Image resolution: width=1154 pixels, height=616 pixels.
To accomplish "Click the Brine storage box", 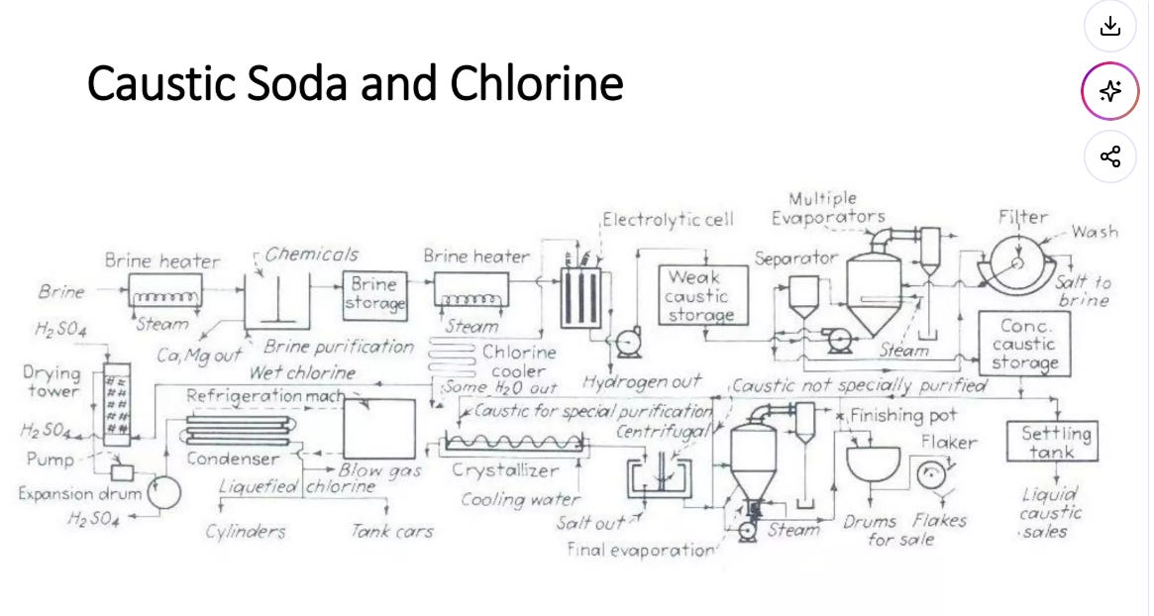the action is coord(374,295).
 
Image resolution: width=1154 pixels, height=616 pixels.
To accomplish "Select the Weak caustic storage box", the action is coord(703,295).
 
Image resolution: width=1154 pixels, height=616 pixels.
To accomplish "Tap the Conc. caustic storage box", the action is coord(1023,343).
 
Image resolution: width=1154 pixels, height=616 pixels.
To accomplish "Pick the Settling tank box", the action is coord(1052,441).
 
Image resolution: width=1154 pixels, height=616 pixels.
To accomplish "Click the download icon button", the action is coord(1109,27).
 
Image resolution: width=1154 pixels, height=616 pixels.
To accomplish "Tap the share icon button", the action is coord(1109,156).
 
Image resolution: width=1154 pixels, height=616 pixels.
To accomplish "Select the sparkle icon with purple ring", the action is coord(1109,91).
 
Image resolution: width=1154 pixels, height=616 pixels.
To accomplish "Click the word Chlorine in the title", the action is coord(537,82).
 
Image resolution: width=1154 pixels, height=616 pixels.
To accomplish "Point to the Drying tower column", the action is coord(117,404).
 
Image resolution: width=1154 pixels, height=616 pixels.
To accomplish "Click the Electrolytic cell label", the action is coord(668,219).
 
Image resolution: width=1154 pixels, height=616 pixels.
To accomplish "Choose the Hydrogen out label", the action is coord(641,382).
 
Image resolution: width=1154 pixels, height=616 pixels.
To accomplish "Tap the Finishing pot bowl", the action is coord(873,462).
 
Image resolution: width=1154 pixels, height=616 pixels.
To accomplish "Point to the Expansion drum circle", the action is coord(163,492).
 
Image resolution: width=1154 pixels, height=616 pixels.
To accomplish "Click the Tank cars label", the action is coord(391,531).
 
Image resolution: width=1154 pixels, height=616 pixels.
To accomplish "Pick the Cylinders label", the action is coord(245,532).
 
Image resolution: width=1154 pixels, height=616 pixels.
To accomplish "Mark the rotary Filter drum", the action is coord(1018,263).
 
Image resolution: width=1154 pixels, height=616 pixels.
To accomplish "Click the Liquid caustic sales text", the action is coord(1050,512).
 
